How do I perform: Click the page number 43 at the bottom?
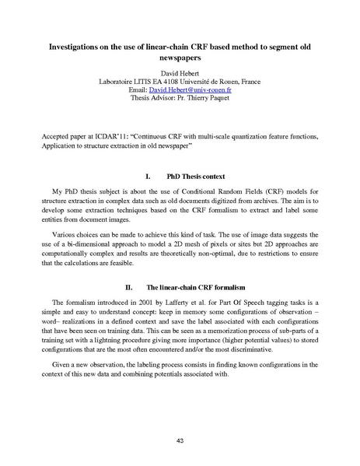pyautogui.click(x=180, y=440)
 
